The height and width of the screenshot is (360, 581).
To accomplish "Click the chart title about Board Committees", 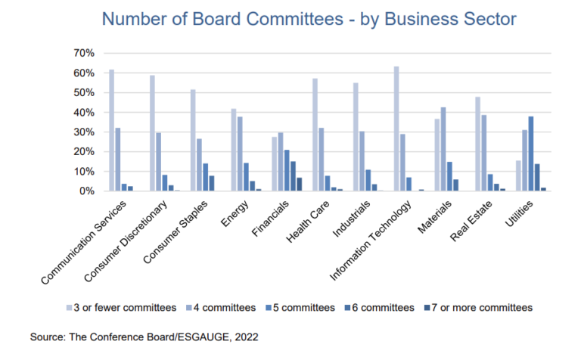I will pos(290,19).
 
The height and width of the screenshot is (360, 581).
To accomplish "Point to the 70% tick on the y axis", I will pos(83,53).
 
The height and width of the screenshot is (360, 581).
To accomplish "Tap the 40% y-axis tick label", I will pos(83,112).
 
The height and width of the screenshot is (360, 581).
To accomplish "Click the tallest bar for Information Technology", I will pos(396,129).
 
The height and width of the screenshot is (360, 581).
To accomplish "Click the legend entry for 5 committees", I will pos(301,308).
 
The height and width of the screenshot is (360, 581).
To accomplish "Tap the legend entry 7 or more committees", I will pos(480,308).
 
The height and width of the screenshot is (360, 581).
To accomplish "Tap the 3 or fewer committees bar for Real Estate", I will pos(478,144).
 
